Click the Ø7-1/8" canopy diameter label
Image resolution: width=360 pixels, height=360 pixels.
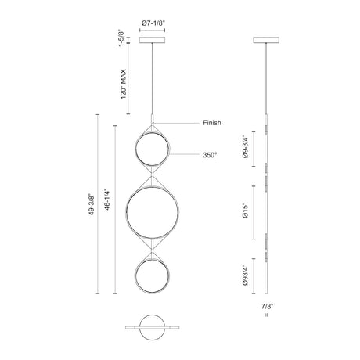tap(153, 23)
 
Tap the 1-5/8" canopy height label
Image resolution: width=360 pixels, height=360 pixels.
tap(121, 38)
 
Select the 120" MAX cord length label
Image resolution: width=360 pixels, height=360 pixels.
tap(123, 84)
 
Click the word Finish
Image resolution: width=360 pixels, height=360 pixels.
tap(212, 123)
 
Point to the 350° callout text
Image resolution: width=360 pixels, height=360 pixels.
tap(210, 155)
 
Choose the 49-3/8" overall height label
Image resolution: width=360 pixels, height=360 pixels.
tap(92, 204)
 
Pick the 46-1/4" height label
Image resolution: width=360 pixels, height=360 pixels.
tap(107, 200)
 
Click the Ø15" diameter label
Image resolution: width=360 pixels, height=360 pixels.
tap(245, 211)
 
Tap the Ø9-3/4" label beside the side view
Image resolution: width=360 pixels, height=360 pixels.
tap(245, 146)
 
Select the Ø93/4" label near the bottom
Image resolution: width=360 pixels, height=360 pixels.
tap(245, 275)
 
